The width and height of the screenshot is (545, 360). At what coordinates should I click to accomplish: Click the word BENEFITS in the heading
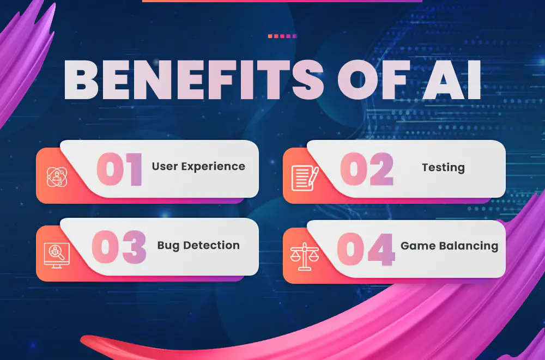coord(193,80)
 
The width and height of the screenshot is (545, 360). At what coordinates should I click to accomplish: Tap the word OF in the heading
coord(373,80)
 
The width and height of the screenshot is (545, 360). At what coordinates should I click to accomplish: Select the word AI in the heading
coord(452,80)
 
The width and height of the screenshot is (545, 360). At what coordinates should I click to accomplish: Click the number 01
coord(119,169)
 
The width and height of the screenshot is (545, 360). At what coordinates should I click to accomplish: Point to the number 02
coord(367,169)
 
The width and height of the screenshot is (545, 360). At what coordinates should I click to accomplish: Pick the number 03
coord(119,247)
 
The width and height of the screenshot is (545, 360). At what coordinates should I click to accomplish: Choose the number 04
coord(366,249)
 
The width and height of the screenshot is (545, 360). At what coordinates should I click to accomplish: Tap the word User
coord(165,166)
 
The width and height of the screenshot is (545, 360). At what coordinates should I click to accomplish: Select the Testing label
coord(443,168)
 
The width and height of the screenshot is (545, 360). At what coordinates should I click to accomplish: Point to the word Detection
coord(211,245)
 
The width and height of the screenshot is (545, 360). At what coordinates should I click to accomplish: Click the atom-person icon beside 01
coord(57,177)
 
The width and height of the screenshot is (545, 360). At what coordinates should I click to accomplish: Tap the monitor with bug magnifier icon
coord(57,255)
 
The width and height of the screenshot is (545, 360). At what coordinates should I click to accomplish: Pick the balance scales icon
coord(305,257)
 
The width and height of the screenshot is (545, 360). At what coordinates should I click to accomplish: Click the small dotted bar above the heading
coord(282,36)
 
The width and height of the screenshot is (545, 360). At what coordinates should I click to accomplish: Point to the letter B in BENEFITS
coord(81,80)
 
